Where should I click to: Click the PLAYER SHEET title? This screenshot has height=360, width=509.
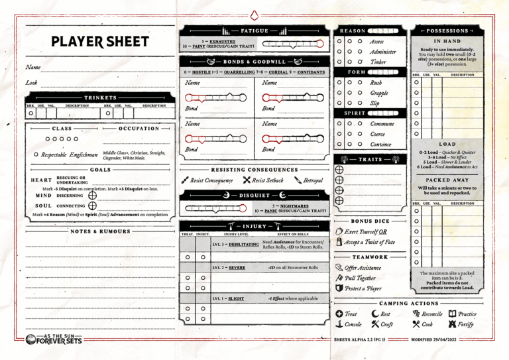(100, 42)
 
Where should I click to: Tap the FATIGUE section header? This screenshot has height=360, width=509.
(255, 30)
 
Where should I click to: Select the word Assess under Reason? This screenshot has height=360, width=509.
(376, 41)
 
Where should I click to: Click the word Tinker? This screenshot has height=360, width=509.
(378, 62)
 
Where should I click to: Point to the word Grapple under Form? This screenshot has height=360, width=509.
(378, 93)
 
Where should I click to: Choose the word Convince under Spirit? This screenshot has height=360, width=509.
(380, 144)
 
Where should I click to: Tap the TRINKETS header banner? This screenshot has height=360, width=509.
(100, 97)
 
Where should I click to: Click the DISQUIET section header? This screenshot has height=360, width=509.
(254, 195)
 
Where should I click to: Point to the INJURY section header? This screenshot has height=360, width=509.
(254, 226)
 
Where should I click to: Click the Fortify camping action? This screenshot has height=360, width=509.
(465, 324)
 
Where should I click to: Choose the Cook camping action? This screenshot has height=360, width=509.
(422, 324)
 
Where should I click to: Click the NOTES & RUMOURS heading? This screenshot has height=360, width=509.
(100, 231)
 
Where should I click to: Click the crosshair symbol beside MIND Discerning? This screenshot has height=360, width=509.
(92, 195)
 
